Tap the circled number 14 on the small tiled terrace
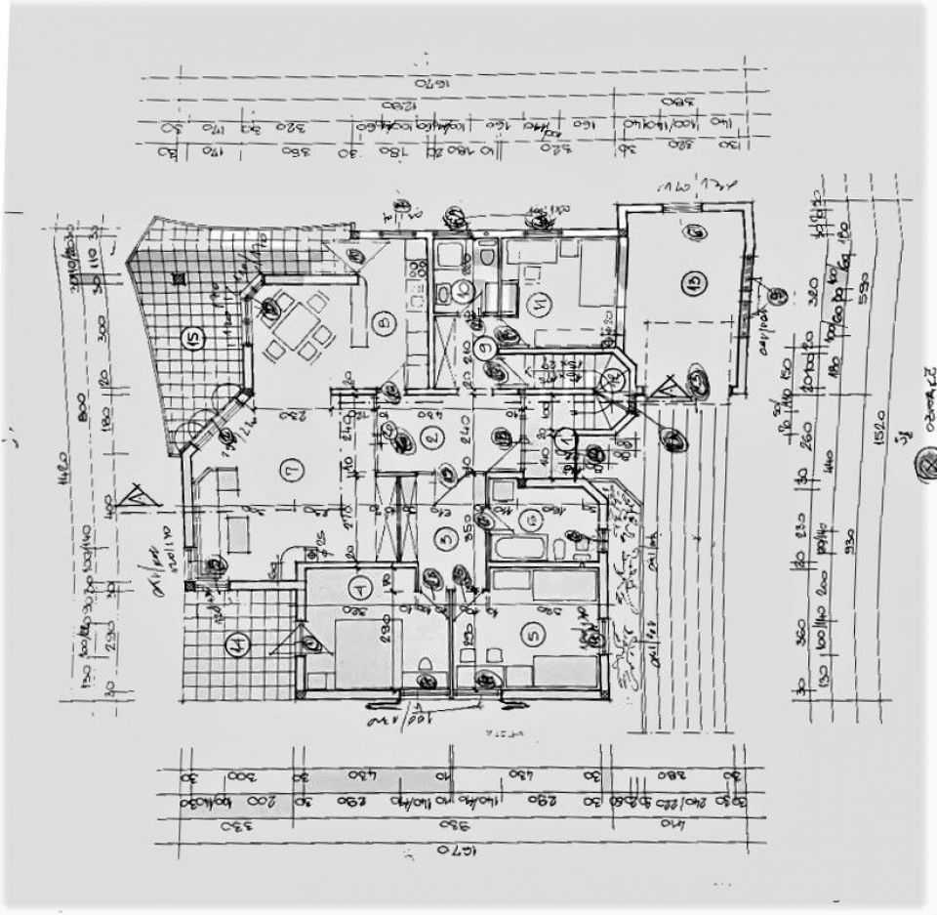coord(236,644)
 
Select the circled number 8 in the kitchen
coord(384,321)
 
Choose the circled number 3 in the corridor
coord(445,536)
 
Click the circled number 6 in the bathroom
coord(532,520)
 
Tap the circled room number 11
coord(542,306)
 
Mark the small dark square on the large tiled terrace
coord(179,279)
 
